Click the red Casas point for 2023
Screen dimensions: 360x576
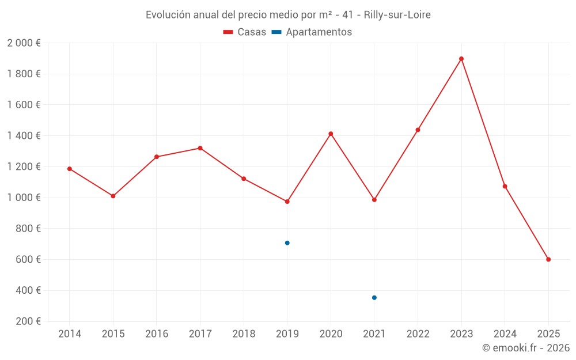pyautogui.click(x=461, y=59)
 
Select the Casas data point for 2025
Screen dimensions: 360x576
pyautogui.click(x=548, y=259)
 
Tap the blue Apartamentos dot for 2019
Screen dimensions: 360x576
pyautogui.click(x=287, y=243)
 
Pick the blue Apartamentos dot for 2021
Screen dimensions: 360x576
pyautogui.click(x=374, y=298)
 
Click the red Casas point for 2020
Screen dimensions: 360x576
pyautogui.click(x=331, y=134)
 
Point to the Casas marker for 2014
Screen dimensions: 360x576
pyautogui.click(x=70, y=169)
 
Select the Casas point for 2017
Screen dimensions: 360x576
pyautogui.click(x=200, y=148)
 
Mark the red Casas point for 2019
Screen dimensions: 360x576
pyautogui.click(x=287, y=202)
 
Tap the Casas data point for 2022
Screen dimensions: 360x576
pyautogui.click(x=418, y=130)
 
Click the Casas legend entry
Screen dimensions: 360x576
pyautogui.click(x=245, y=32)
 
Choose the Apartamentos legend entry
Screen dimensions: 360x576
pyautogui.click(x=312, y=32)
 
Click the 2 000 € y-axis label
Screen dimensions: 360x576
pyautogui.click(x=24, y=43)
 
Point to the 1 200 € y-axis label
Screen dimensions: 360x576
pyautogui.click(x=24, y=167)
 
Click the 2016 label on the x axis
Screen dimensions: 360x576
pyautogui.click(x=157, y=334)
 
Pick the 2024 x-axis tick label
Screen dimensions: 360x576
pyautogui.click(x=505, y=334)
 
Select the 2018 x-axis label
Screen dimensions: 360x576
pyautogui.click(x=244, y=334)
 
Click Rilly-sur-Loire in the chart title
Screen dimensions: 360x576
pyautogui.click(x=397, y=14)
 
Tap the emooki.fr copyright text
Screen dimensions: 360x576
pyautogui.click(x=525, y=348)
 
